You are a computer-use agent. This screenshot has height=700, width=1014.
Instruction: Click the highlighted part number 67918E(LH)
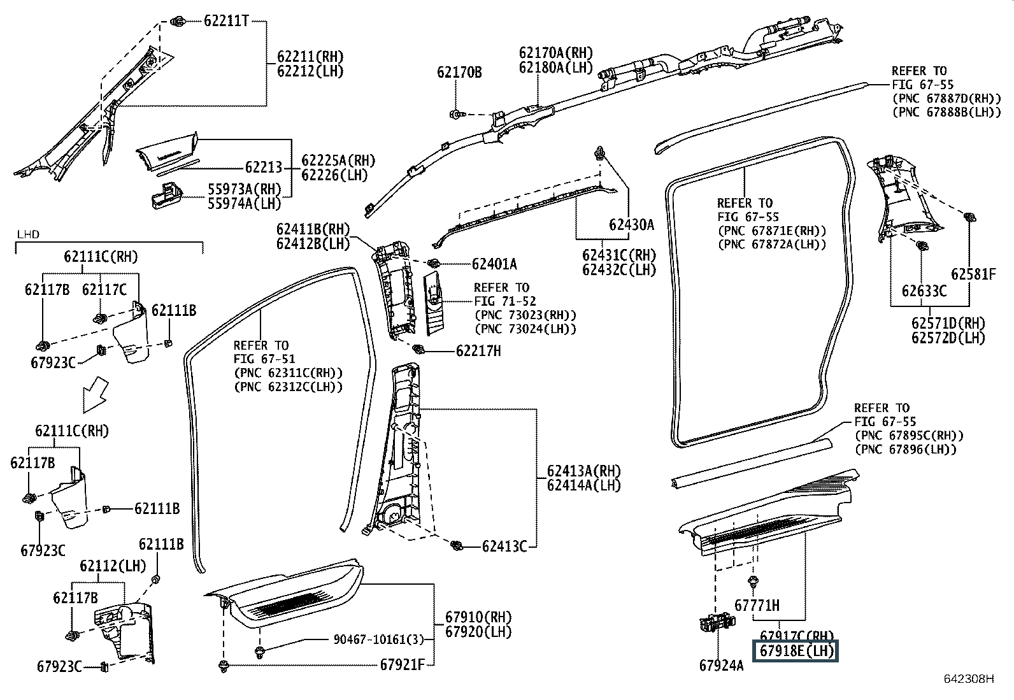pyautogui.click(x=796, y=651)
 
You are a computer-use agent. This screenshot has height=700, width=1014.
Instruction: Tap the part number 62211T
pyautogui.click(x=225, y=21)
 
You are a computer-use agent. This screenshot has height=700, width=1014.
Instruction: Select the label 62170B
pyautogui.click(x=459, y=72)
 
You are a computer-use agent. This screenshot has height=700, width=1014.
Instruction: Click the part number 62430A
pyautogui.click(x=631, y=224)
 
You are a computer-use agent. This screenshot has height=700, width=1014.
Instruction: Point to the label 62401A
pyautogui.click(x=494, y=264)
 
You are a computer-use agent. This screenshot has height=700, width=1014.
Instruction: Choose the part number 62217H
pyautogui.click(x=478, y=350)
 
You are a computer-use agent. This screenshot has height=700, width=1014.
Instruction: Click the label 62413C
pyautogui.click(x=504, y=546)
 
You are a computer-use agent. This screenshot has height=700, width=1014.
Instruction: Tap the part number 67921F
pyautogui.click(x=402, y=664)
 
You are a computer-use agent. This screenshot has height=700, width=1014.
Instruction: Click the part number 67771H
pyautogui.click(x=757, y=605)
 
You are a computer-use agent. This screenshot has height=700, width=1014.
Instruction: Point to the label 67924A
pyautogui.click(x=721, y=666)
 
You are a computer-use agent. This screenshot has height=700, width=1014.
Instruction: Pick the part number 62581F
pyautogui.click(x=973, y=274)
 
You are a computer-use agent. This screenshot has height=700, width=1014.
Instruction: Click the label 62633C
pyautogui.click(x=924, y=291)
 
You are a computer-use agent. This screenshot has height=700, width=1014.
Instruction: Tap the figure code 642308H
pyautogui.click(x=969, y=679)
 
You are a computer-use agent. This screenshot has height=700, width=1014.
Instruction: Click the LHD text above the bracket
pyautogui.click(x=27, y=234)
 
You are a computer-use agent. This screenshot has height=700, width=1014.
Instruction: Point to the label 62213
pyautogui.click(x=263, y=168)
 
